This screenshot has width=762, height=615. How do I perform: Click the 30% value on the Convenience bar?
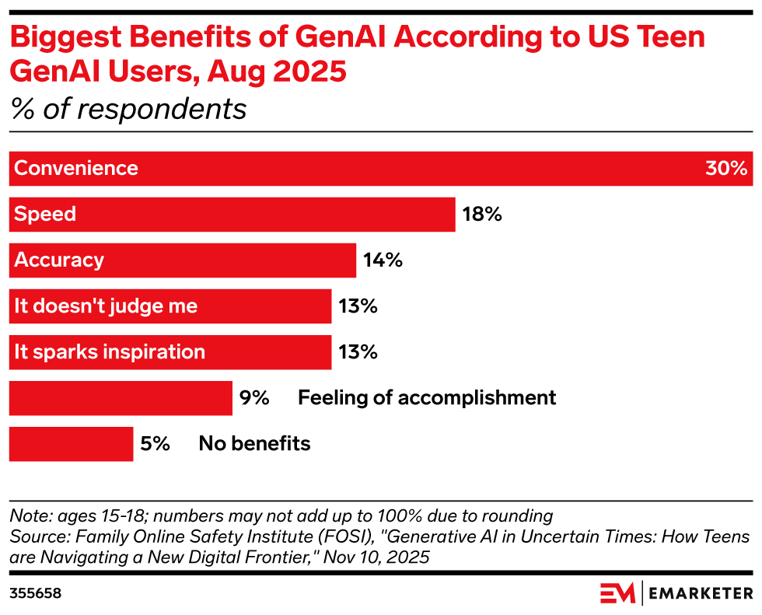(726, 169)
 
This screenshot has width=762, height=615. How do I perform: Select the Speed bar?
(232, 215)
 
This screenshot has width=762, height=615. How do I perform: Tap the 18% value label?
(482, 215)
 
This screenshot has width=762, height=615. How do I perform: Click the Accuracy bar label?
(59, 260)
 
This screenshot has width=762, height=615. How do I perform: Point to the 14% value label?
(383, 260)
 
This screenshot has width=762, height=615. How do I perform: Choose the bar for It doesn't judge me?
(170, 306)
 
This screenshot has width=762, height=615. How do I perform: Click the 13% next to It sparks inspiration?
(358, 352)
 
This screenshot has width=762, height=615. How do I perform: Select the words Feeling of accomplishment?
(427, 398)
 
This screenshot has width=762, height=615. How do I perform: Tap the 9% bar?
(121, 398)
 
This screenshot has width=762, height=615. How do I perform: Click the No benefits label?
(254, 444)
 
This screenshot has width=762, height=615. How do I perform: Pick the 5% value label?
(155, 444)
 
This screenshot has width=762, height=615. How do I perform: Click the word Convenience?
(76, 169)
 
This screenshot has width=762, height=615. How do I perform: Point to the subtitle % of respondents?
(128, 110)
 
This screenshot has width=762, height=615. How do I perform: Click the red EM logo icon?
(617, 593)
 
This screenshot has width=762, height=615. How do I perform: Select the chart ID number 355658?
(35, 593)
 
